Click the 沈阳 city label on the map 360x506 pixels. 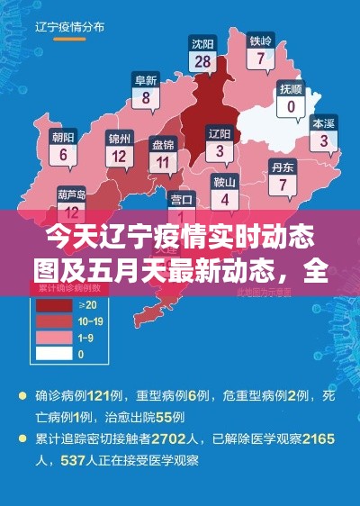pos(202,42)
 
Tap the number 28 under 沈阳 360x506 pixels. pos(202,61)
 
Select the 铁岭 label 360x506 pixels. pos(260,41)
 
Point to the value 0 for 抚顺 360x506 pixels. pos(291,107)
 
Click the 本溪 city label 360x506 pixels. pos(323,122)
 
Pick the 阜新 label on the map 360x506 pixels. pos(146,80)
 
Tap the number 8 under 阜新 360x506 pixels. pos(146,99)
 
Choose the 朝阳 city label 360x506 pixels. pos(63,137)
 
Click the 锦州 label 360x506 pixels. pos(119,138)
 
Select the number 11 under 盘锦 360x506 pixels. pos(163,162)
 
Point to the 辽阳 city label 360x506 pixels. pos(220,133)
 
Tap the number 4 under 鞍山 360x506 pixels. pos(224,199)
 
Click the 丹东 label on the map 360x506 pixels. pos(283,167)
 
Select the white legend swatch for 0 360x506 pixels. pos(52,354)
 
